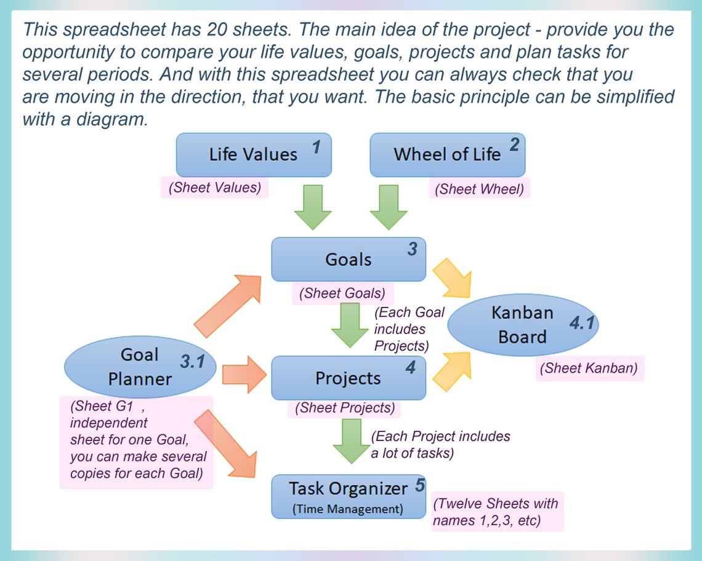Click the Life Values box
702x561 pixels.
click(254, 154)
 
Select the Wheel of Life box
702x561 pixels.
click(447, 154)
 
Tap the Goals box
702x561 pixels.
click(349, 259)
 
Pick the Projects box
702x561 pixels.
click(349, 378)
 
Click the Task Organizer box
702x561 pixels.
click(349, 496)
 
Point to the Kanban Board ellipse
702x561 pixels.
click(523, 325)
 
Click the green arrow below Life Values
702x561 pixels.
click(312, 207)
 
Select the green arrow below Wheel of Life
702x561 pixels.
click(388, 207)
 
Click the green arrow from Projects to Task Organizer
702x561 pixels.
click(350, 440)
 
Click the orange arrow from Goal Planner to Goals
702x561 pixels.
click(227, 304)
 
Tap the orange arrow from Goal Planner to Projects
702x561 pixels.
click(243, 374)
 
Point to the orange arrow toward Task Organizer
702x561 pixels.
click(227, 444)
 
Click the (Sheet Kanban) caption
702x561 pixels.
click(589, 368)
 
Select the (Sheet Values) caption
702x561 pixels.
click(214, 188)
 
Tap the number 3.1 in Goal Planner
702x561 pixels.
click(192, 362)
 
